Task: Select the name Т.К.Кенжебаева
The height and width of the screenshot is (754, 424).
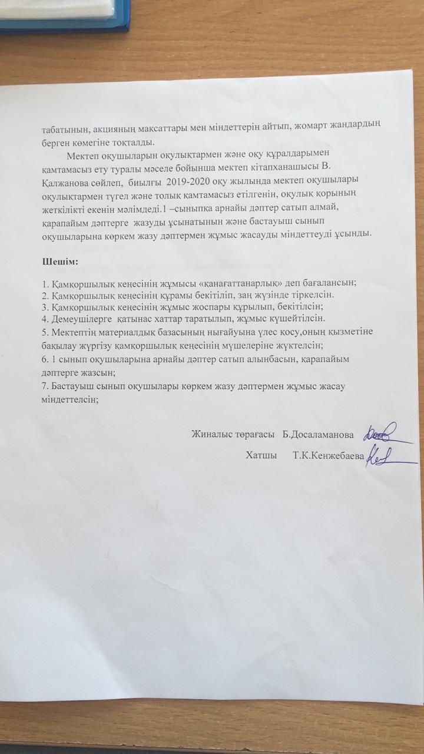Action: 329,455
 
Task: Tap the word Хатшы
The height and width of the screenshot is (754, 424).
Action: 261,455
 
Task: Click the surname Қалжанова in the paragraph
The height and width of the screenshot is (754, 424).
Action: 66,179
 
